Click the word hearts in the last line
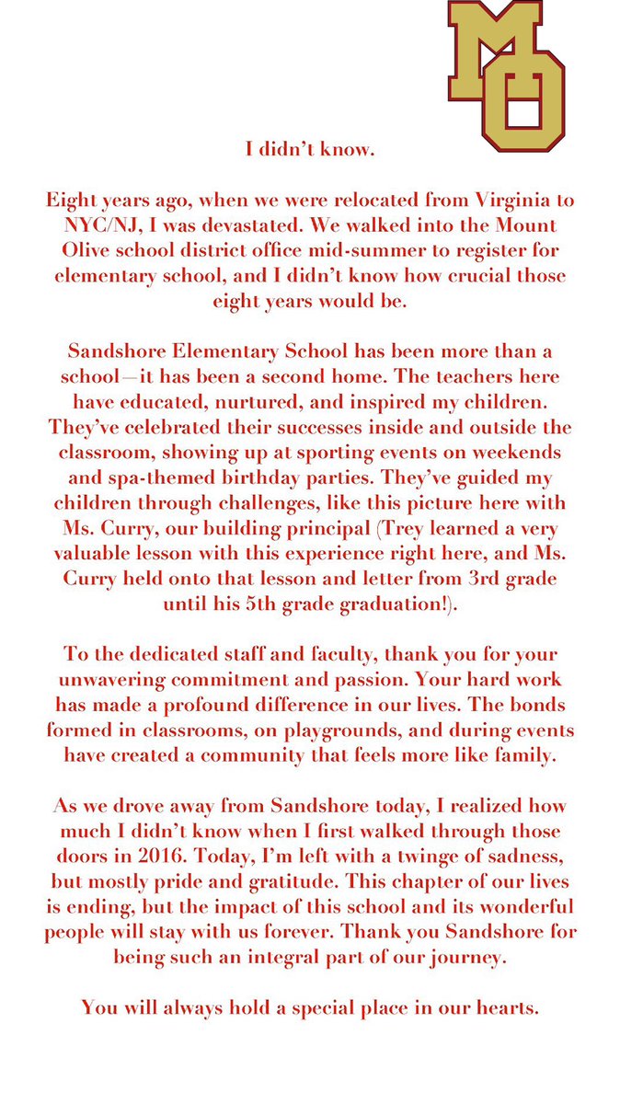[x=498, y=1007]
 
